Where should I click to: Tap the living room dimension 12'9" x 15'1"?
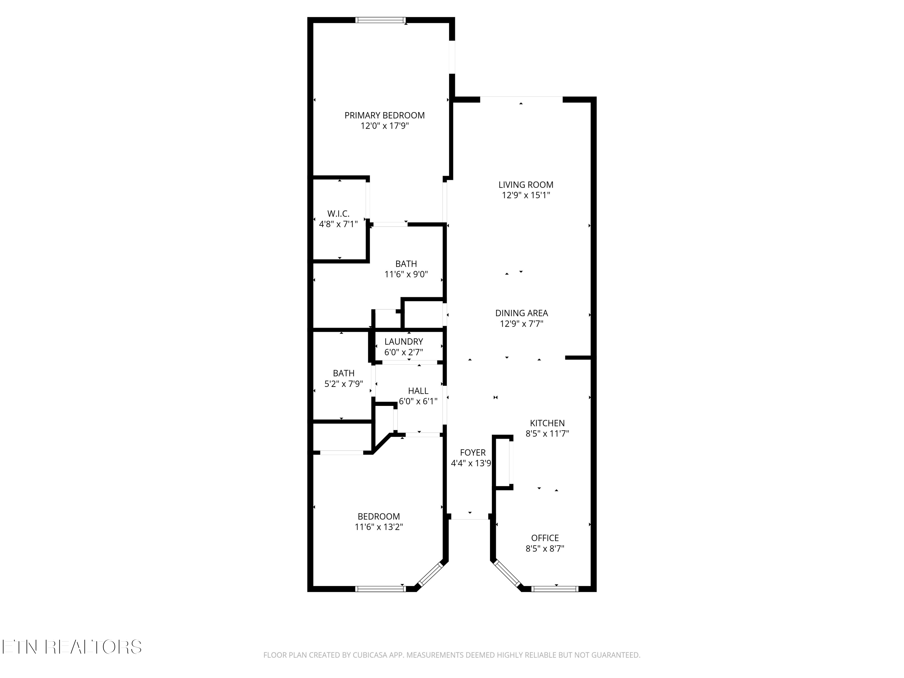tap(526, 195)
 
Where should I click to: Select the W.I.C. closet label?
tap(338, 214)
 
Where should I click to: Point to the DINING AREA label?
tap(522, 313)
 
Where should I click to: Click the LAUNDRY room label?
tap(404, 342)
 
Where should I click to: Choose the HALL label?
tap(418, 391)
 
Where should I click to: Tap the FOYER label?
tap(473, 453)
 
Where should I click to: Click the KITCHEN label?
tap(547, 423)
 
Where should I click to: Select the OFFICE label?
tap(545, 538)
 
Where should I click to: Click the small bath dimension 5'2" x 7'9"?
tap(344, 384)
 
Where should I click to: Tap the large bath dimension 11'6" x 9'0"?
tap(406, 275)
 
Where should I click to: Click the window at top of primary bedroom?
tap(381, 20)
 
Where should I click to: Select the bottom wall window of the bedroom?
tap(381, 589)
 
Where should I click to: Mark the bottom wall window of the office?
tap(555, 589)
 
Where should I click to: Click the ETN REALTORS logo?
tap(72, 647)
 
